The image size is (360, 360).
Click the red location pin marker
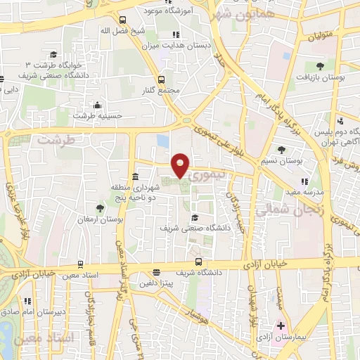(181, 165)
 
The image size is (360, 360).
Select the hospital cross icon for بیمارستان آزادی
(281, 326)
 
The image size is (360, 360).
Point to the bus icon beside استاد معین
(82, 264)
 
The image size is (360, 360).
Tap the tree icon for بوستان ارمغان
(101, 207)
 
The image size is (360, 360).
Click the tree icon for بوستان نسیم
(281, 149)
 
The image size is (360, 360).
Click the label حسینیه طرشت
(103, 116)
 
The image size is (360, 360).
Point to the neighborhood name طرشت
(56, 139)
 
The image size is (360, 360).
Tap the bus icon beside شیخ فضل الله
(123, 20)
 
